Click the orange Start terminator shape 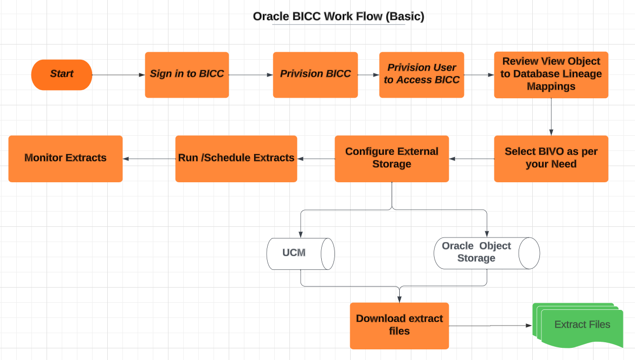coord(62,75)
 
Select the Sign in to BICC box coord(187,75)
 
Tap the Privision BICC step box coord(315,75)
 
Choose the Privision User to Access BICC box coord(421,75)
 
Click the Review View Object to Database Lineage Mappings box coord(551,75)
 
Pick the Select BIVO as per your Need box coord(551,159)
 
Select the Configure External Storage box coord(392,159)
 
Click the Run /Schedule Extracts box coord(236,159)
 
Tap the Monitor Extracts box coord(65,159)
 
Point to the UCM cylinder coord(301,254)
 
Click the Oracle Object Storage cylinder coord(487,253)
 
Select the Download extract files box coord(399,326)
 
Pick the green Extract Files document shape coord(578,325)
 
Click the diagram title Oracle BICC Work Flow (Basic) coord(338,16)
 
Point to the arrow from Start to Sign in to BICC coord(118,75)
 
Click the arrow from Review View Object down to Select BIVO coord(551,117)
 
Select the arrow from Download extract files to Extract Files coord(490,326)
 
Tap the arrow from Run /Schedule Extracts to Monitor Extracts coord(149,159)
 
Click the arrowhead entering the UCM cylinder coord(301,234)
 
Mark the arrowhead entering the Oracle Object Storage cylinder coord(487,234)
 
